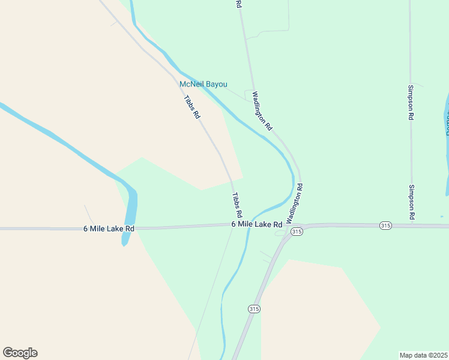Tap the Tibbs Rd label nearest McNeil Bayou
[x=191, y=107]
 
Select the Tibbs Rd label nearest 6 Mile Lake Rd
[x=237, y=205]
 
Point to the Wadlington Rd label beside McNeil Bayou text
[x=262, y=110]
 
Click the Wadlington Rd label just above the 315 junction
[x=294, y=203]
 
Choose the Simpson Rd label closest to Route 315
[x=412, y=202]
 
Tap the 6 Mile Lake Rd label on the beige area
[x=109, y=229]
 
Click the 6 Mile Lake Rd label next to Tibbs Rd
[x=257, y=224]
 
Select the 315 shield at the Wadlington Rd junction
[x=296, y=231]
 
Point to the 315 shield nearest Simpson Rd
[x=385, y=225]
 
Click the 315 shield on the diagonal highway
[x=254, y=308]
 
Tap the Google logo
[x=20, y=353]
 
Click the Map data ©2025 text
[x=424, y=355]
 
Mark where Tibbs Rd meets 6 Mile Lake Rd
[x=234, y=226]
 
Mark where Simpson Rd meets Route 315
[x=412, y=225]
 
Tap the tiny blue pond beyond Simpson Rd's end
[x=442, y=216]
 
